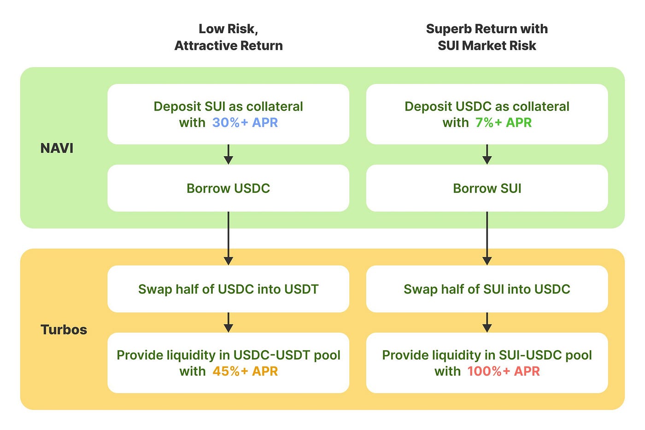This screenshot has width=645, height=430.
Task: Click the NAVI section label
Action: pyautogui.click(x=57, y=148)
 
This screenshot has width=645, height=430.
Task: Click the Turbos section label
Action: pyautogui.click(x=64, y=330)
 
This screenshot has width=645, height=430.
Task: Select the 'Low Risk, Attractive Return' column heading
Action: pyautogui.click(x=229, y=37)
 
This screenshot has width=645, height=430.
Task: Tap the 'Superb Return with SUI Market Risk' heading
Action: pyautogui.click(x=487, y=37)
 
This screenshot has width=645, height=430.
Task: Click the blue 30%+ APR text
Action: pyautogui.click(x=245, y=123)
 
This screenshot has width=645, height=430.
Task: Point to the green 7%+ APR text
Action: pyautogui.click(x=503, y=123)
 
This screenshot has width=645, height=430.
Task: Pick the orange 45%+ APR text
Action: pyautogui.click(x=245, y=371)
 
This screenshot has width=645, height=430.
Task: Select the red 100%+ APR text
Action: pyautogui.click(x=503, y=371)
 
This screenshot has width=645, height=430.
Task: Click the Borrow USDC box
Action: pyautogui.click(x=229, y=188)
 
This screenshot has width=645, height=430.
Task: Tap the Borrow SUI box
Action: pyautogui.click(x=487, y=188)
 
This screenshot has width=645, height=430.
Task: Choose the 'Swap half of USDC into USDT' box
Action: pyautogui.click(x=229, y=289)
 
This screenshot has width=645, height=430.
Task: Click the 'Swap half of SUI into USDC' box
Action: pyautogui.click(x=487, y=289)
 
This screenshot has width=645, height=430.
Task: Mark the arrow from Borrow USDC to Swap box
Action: pyautogui.click(x=229, y=238)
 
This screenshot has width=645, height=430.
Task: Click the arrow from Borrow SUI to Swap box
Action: pyautogui.click(x=487, y=238)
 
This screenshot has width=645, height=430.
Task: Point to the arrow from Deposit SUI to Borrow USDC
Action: pyautogui.click(x=229, y=154)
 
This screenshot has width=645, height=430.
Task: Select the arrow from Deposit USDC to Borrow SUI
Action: pyautogui.click(x=487, y=154)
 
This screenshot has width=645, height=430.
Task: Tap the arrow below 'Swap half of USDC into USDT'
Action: pyautogui.click(x=229, y=323)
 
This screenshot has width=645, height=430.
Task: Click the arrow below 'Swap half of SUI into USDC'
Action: pyautogui.click(x=487, y=323)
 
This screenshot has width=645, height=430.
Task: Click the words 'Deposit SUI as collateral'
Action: pyautogui.click(x=229, y=106)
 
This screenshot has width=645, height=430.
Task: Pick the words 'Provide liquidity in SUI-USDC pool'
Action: pyautogui.click(x=487, y=355)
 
